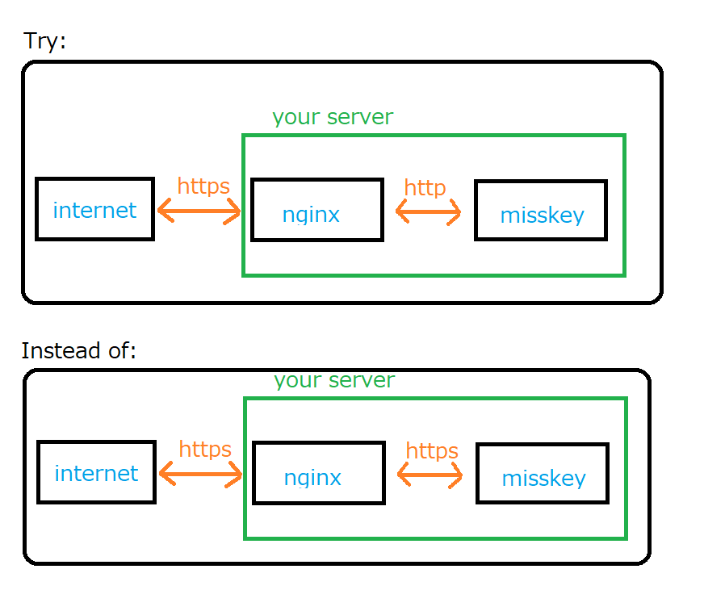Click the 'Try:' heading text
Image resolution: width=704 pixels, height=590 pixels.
pos(44,41)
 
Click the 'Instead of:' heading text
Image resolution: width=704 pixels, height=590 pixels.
pos(79,351)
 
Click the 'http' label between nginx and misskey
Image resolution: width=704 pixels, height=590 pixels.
pos(425,188)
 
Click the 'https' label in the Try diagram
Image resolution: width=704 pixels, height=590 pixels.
pos(203,186)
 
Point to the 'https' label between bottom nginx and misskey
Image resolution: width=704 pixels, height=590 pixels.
pos(432,451)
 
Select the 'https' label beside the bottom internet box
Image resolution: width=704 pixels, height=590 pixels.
pos(205,450)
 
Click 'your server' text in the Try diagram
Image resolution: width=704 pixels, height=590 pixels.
pos(333,117)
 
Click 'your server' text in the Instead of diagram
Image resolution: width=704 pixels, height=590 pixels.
pos(334,380)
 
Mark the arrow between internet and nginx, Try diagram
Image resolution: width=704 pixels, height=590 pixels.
pos(199,212)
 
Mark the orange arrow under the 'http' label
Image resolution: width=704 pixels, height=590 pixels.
pos(428,213)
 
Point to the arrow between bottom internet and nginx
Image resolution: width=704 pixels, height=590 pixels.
pos(201,475)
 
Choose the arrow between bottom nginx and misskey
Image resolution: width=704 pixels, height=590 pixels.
pos(430,476)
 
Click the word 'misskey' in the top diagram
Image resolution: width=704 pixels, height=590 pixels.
pos(542,215)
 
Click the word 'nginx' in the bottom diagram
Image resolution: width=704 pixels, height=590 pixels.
pos(312,478)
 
